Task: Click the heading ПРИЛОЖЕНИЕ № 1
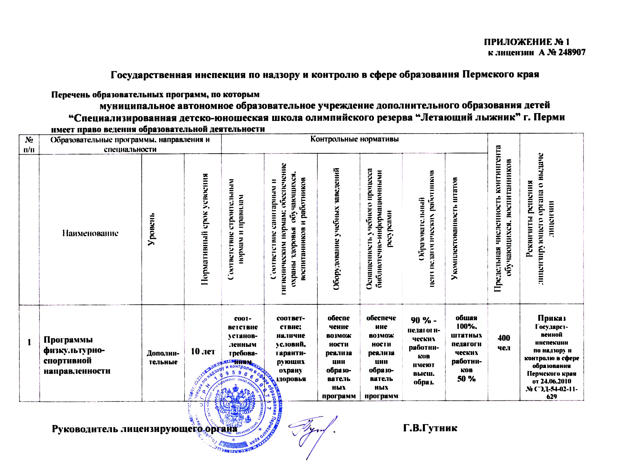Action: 526,42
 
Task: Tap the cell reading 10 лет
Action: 203,351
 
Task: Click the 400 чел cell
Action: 504,343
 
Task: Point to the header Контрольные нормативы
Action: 354,139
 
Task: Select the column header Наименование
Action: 90,233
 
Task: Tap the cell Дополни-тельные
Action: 163,358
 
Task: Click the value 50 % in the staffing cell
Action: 466,379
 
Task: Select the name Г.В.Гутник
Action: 430,428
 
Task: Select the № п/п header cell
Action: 29,144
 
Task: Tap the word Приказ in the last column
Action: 552,318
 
